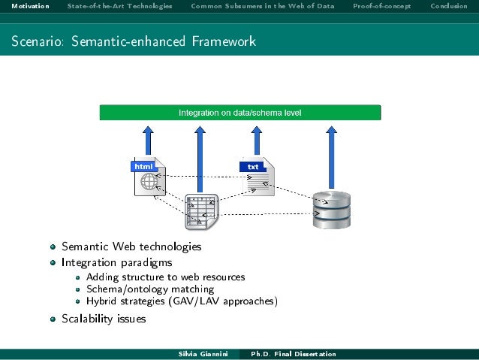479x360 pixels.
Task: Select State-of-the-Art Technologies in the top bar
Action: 119,7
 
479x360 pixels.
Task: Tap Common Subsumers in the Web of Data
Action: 264,7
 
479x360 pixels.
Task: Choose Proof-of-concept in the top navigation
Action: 381,7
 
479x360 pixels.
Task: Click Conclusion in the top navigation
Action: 448,7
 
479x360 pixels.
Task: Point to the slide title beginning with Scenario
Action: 134,41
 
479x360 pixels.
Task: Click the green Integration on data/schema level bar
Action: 240,113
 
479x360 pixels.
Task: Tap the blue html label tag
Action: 143,166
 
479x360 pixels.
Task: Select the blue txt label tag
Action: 253,166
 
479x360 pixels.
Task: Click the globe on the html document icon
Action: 149,182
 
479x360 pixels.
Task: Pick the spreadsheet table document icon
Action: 200,212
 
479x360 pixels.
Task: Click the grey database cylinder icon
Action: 331,209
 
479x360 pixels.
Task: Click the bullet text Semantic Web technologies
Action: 131,247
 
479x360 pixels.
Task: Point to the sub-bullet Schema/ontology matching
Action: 150,289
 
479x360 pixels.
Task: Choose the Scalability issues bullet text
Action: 104,319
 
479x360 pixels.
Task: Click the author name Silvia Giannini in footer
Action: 200,354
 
